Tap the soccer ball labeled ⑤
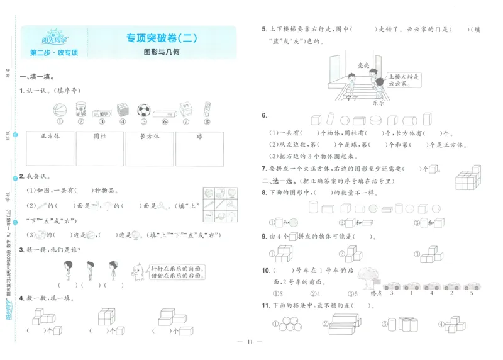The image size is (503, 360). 143,110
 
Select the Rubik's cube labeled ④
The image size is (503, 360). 123,110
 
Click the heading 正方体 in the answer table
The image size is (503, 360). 49,136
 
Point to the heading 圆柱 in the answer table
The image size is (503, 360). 99,136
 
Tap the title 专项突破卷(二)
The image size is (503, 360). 162,38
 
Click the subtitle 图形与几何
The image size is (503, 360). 162,52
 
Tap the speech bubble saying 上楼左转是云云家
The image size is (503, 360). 402,79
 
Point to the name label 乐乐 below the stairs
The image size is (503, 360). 377,103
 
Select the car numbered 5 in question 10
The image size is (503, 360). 471,286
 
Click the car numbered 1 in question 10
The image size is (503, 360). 411,286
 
